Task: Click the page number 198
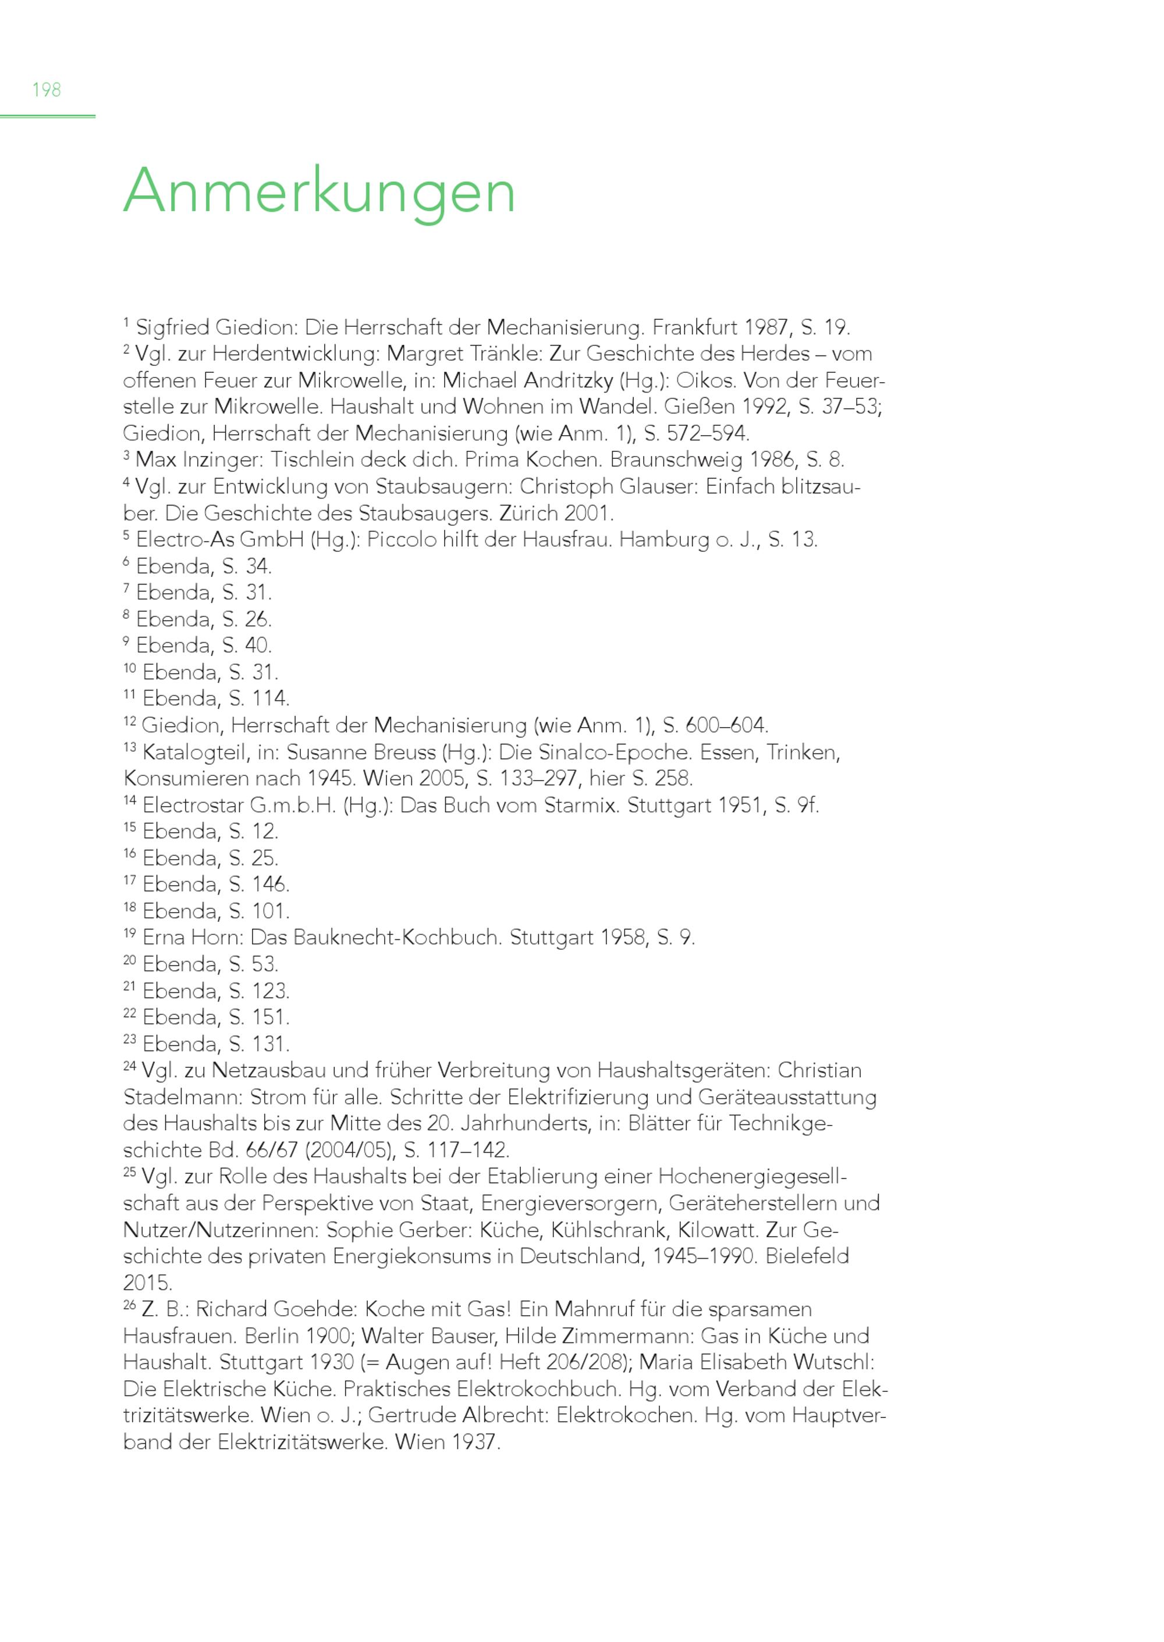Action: (x=47, y=90)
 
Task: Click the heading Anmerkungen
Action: (x=319, y=191)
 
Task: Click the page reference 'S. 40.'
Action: (x=246, y=645)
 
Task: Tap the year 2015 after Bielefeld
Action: (x=147, y=1283)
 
